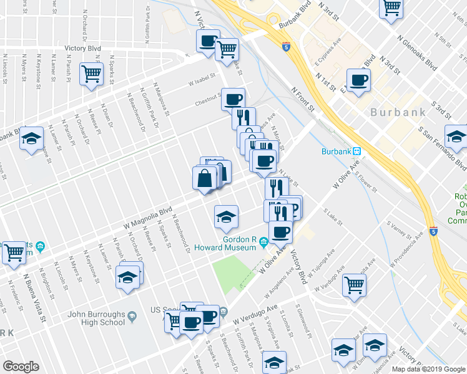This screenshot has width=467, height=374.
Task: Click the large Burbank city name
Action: (x=398, y=113)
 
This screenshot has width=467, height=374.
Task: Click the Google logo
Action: (x=21, y=367)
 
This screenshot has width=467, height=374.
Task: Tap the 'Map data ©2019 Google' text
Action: (x=428, y=369)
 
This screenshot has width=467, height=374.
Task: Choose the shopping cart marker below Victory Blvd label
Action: (x=92, y=74)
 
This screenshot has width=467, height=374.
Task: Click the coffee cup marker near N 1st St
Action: (x=358, y=80)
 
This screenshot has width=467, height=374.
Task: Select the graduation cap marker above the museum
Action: (x=225, y=216)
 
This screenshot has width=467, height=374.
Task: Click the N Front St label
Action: (x=305, y=100)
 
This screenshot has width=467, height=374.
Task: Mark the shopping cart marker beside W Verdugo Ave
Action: (x=354, y=285)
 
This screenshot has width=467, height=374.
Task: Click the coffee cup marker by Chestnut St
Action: (x=233, y=99)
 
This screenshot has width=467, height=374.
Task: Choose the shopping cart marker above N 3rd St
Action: (x=391, y=8)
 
